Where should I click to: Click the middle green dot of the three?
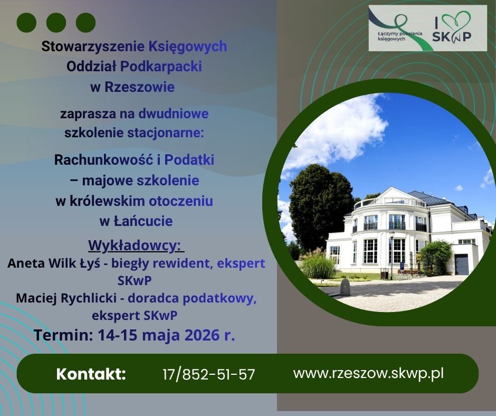(56, 23)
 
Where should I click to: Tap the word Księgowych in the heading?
(187, 46)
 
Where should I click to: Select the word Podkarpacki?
(161, 67)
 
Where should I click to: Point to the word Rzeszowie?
(139, 87)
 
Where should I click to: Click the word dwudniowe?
(174, 114)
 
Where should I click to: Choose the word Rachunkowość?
(103, 160)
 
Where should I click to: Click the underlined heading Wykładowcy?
(136, 245)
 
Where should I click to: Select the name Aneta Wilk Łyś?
(54, 263)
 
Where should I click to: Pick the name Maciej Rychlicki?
(66, 298)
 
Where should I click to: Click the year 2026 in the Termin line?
(202, 335)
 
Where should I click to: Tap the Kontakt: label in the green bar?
(91, 374)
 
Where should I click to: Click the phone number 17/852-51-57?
(209, 374)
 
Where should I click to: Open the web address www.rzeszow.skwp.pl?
(368, 374)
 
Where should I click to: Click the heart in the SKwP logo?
(455, 20)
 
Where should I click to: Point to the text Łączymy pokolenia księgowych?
(400, 36)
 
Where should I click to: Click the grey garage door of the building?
(462, 264)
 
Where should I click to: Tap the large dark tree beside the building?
(320, 206)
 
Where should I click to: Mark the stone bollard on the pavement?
(345, 287)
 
